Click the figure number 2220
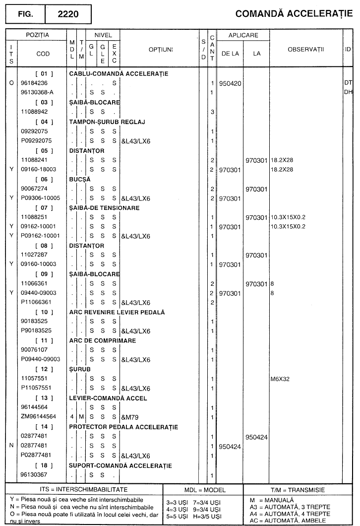coord(68,14)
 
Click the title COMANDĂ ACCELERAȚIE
coord(294,14)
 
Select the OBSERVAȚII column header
coord(305,49)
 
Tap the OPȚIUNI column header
coord(161,50)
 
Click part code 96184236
coord(34,83)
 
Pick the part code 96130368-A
coord(37,92)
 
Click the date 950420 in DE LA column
coord(230,83)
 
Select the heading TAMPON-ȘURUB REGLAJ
coord(107,122)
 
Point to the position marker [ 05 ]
coord(44,151)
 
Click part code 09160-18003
coord(38,169)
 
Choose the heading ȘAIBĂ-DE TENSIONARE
coord(104,208)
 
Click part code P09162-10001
coord(40,236)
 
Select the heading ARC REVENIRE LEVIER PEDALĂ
coord(117,312)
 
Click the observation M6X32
coord(280,379)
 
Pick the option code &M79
coord(130,417)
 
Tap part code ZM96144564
coord(38,417)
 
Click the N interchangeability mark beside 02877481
coord(11,446)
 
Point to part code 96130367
coord(34,475)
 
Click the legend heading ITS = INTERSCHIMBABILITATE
coord(84,490)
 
